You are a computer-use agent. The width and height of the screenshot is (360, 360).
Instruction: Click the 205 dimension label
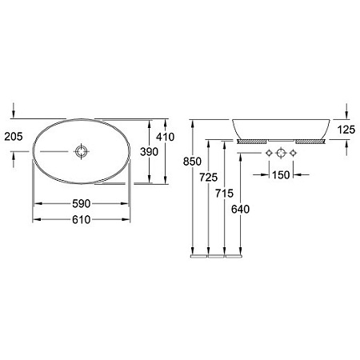coord(14,137)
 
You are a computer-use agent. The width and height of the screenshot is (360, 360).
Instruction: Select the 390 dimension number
coord(150,152)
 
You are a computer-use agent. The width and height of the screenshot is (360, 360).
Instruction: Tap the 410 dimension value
coord(166,137)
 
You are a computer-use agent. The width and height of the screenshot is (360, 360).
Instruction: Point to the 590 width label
coord(82,204)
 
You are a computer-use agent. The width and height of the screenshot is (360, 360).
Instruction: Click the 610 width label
coord(82,220)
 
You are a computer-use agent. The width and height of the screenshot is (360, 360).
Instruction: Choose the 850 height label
coord(192,162)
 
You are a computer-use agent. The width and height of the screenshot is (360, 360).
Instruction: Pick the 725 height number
coord(209,178)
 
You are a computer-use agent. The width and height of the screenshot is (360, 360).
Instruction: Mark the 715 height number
coord(225,194)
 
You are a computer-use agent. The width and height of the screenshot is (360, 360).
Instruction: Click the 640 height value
coord(241,210)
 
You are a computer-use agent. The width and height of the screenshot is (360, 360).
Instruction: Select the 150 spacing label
coord(281,175)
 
